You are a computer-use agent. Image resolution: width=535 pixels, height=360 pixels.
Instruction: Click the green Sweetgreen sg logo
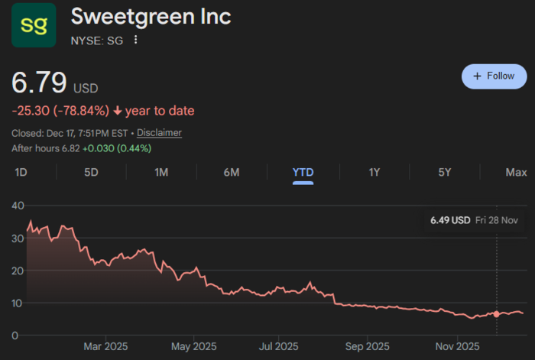tap(33, 25)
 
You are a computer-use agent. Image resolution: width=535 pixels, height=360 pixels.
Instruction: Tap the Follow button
tap(494, 76)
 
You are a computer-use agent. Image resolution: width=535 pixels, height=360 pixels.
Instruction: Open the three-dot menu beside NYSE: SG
tap(136, 40)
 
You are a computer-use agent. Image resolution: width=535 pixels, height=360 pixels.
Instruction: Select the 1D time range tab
tap(21, 172)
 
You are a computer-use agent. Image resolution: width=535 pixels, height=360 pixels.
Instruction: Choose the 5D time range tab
tap(91, 172)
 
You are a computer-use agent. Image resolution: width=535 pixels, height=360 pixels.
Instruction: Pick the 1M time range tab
tap(161, 172)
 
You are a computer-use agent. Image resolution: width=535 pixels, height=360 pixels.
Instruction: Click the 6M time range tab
tap(232, 172)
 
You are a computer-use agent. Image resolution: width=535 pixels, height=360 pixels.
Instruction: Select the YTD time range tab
tap(303, 172)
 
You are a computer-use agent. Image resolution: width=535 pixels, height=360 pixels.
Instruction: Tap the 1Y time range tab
tap(374, 172)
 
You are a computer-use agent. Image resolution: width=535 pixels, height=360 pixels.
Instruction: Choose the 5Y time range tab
tap(445, 172)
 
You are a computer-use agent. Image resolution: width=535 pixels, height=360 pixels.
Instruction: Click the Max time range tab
tap(516, 172)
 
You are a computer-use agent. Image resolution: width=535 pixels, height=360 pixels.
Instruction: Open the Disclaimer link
tap(159, 133)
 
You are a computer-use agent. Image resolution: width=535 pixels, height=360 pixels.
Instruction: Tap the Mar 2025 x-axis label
tap(105, 346)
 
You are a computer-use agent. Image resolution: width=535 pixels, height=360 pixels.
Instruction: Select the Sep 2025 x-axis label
tap(367, 346)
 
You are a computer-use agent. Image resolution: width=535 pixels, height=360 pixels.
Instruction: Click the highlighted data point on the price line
tap(497, 314)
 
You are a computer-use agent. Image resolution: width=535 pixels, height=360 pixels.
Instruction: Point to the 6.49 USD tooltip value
tap(450, 220)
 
